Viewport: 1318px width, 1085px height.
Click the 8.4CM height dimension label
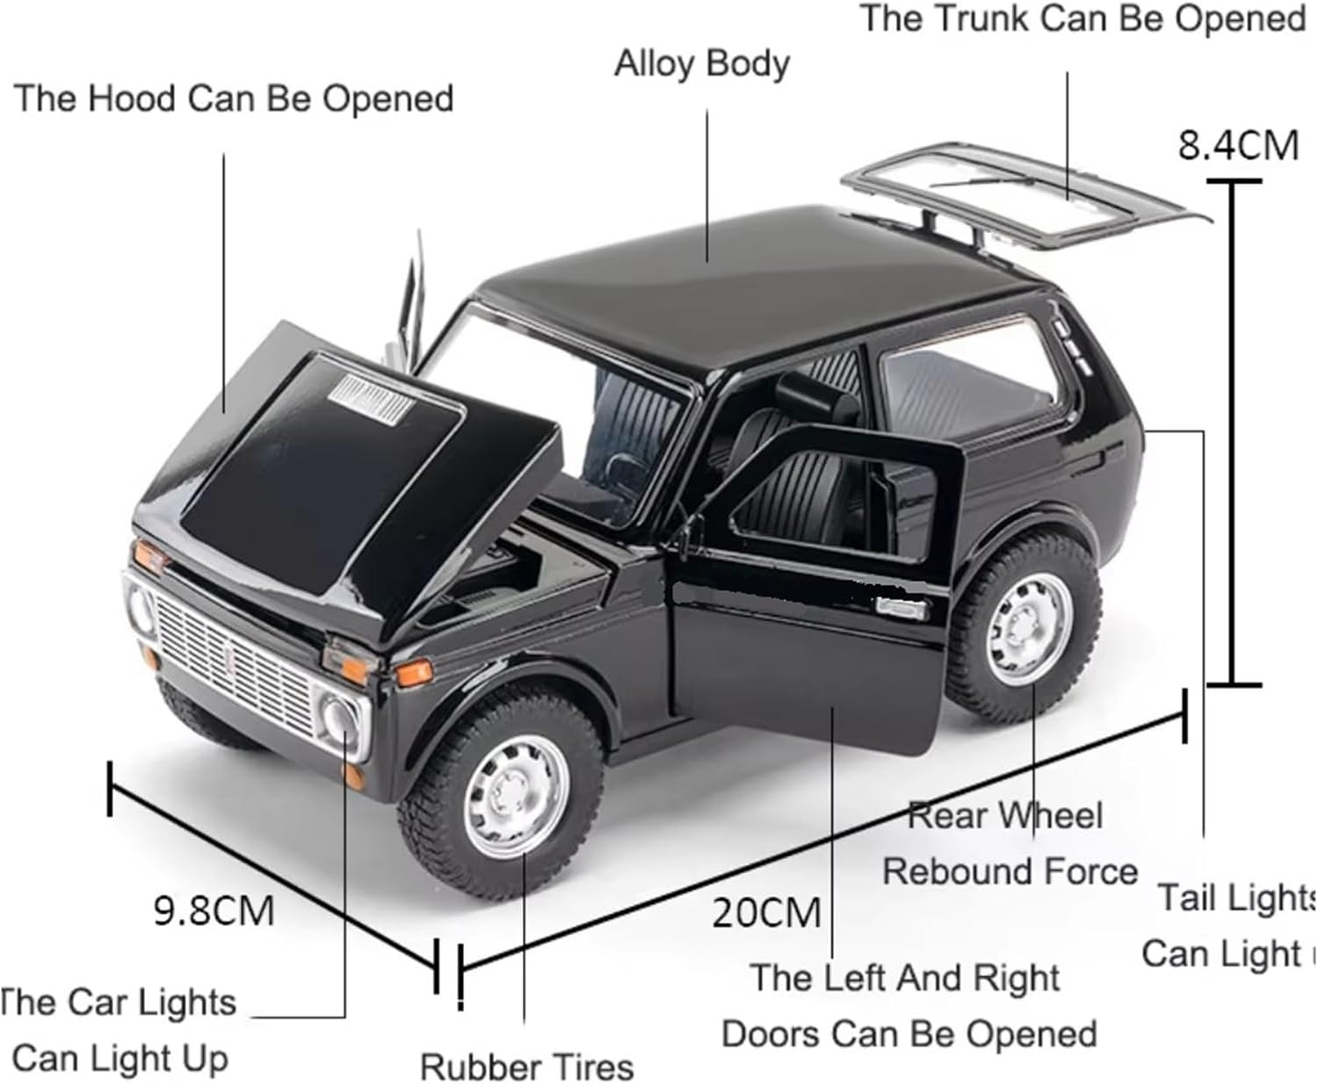[x=1237, y=146]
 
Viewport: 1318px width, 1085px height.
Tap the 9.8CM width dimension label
[x=214, y=910]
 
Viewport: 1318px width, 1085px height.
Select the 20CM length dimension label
[x=765, y=913]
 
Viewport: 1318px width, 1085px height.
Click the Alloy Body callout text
[x=701, y=64]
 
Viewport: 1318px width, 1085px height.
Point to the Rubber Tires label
[x=526, y=1067]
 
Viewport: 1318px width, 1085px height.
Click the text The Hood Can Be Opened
[x=233, y=98]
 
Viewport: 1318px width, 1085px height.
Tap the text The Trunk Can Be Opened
[x=1082, y=18]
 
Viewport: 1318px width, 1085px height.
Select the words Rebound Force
[x=1010, y=872]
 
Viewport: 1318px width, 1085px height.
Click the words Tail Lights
[x=1234, y=898]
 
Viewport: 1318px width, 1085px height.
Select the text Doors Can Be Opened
[x=909, y=1034]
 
